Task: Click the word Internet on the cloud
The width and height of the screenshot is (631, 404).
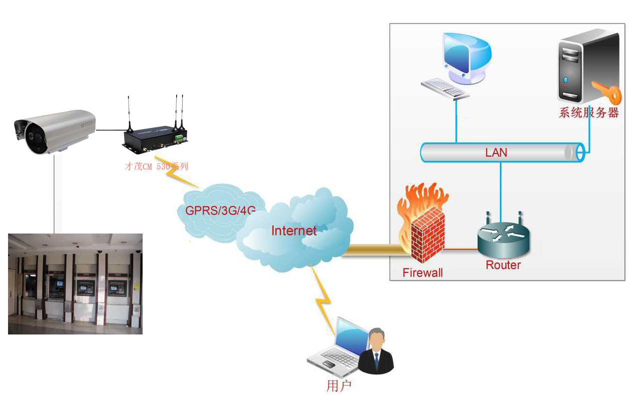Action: pos(294,230)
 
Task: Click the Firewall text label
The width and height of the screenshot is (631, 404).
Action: pos(422,273)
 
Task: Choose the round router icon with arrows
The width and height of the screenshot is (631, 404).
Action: pos(502,238)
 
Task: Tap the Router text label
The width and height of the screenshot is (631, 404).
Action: pos(503,265)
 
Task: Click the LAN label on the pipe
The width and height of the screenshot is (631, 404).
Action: pos(496,152)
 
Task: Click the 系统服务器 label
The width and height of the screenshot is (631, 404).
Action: pos(588,112)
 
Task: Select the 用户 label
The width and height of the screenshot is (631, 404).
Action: pos(339,385)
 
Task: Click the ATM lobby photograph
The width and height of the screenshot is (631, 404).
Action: pos(75,283)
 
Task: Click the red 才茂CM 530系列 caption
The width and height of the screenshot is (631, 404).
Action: pos(156,166)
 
